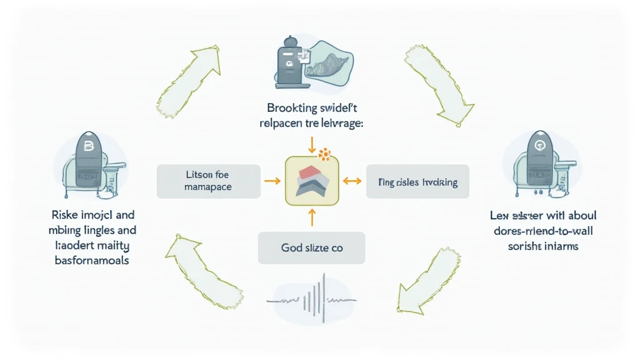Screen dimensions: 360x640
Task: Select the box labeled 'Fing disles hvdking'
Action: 417,182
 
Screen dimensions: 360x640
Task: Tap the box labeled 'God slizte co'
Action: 312,247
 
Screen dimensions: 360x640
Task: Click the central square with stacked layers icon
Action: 311,181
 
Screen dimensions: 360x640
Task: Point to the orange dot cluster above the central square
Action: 324,154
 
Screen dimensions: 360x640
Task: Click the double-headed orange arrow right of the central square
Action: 352,181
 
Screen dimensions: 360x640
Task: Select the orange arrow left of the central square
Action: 271,181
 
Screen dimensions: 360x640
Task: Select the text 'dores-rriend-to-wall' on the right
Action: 542,231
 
